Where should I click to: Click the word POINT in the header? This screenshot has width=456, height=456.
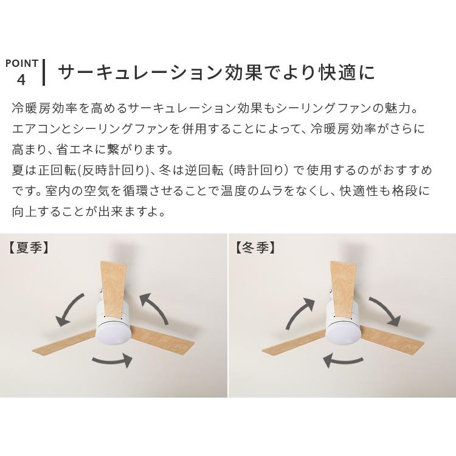(x=22, y=63)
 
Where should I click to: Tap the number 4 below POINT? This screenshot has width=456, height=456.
(x=22, y=80)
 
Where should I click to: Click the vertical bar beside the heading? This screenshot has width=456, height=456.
(x=44, y=72)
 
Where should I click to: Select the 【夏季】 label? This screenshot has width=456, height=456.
(x=29, y=248)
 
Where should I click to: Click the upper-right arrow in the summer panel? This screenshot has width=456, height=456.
(x=156, y=308)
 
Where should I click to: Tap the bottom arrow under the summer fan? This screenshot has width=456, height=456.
(x=112, y=360)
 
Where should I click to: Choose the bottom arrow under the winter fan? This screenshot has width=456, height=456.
(x=342, y=360)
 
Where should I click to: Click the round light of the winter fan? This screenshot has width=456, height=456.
(x=343, y=333)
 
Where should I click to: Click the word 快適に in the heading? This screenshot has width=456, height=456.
(x=347, y=73)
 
